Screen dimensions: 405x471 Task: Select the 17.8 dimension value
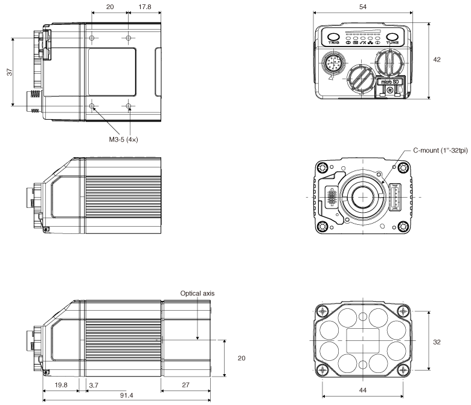pyautogui.click(x=143, y=6)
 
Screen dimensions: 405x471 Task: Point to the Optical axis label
pyautogui.click(x=197, y=293)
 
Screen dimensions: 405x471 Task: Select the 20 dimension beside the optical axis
pyautogui.click(x=242, y=358)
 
